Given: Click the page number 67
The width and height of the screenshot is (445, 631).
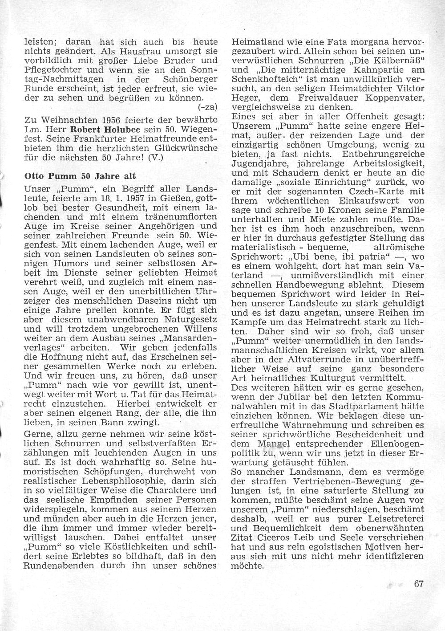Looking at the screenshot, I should [x=418, y=596].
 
